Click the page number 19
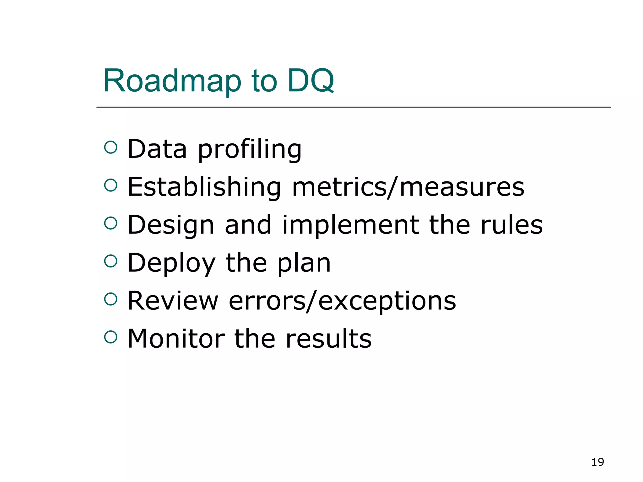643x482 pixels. (597, 462)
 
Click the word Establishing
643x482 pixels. (204, 187)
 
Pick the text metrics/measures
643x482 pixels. (408, 187)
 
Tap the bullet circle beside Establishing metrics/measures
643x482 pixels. (111, 185)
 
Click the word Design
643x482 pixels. (171, 225)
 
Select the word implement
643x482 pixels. (350, 225)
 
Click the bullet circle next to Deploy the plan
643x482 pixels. (111, 261)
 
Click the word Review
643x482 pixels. (173, 301)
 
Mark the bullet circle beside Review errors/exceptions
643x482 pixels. (111, 299)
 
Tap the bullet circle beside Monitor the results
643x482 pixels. (111, 337)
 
